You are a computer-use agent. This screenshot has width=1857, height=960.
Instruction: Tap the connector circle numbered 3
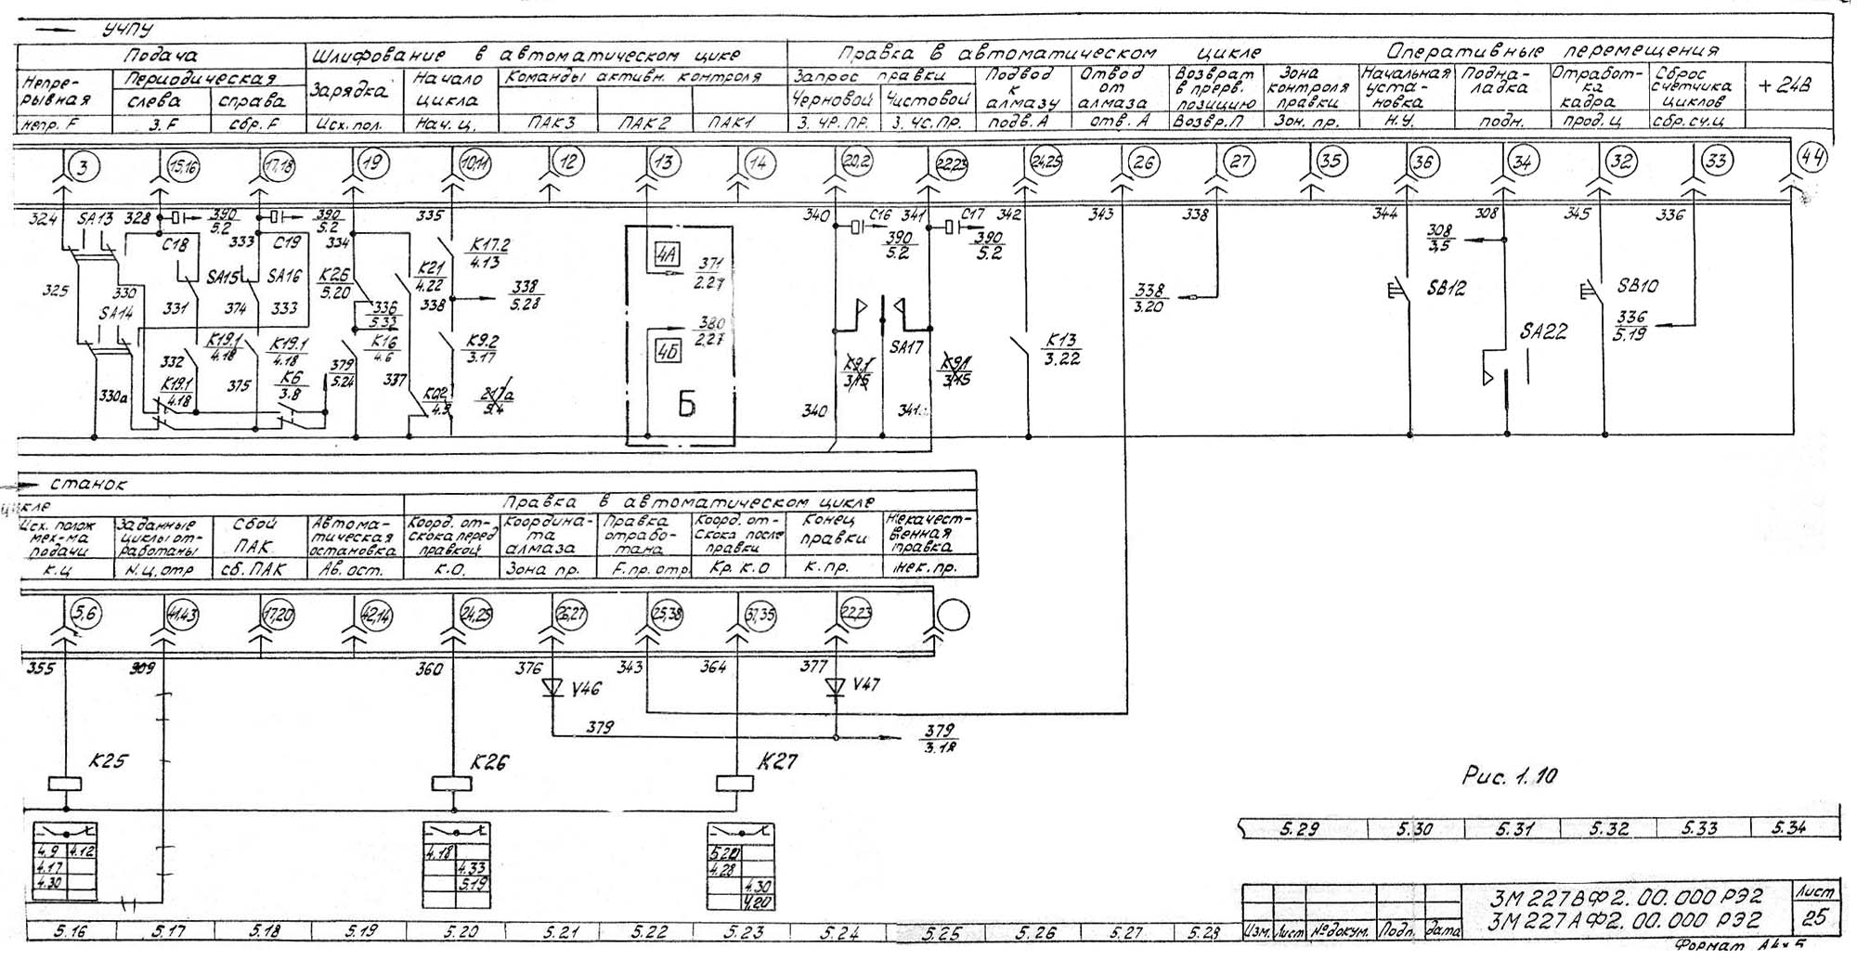coord(87,166)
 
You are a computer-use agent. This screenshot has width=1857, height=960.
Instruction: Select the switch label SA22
coord(1544,331)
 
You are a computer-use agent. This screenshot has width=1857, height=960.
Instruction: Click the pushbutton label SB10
coord(1638,286)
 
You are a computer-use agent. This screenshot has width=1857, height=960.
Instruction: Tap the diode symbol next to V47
coord(836,687)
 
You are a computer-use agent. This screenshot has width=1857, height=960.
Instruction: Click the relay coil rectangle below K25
coord(65,784)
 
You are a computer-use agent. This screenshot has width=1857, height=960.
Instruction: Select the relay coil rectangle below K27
coord(734,784)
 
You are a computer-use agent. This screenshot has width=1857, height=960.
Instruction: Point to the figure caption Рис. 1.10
coord(1510,776)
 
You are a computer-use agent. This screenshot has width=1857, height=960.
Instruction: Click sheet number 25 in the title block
coord(1813,918)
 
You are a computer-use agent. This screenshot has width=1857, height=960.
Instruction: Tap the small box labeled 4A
coord(666,255)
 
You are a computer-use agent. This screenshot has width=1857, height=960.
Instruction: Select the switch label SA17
coord(906,347)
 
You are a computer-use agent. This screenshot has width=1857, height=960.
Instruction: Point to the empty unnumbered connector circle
coord(953,615)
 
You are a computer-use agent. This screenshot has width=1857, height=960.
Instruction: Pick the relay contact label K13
coord(1060,341)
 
